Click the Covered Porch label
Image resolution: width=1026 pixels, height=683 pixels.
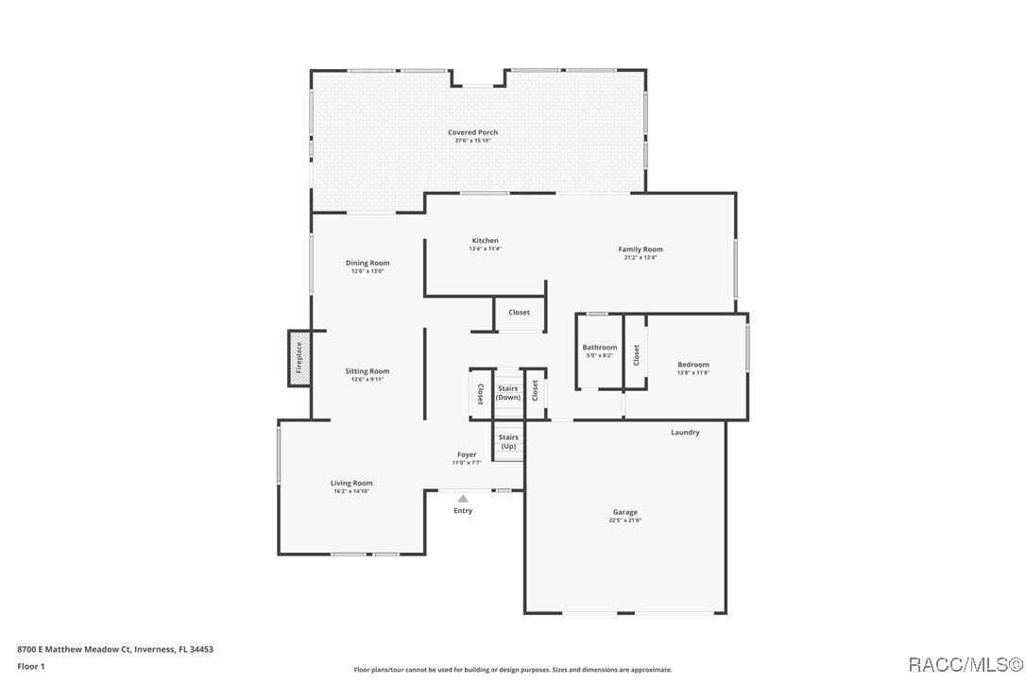pos(472,132)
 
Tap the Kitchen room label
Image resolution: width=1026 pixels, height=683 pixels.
pos(485,241)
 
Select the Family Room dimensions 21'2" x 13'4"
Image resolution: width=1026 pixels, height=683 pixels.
pos(641,258)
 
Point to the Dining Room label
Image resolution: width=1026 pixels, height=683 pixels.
pos(368,263)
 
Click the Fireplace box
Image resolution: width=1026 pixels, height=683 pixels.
pos(299,358)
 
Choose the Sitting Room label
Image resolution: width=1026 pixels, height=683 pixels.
pos(367,371)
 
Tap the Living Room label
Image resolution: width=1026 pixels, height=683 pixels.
pos(351,483)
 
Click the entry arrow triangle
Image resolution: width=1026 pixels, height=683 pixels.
pos(463,498)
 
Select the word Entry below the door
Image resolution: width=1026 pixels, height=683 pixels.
pos(463,511)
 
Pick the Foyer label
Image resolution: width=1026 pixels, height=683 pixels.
pos(467,454)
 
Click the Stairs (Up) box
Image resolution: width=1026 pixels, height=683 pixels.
pos(508,441)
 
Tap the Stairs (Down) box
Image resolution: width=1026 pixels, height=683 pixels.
pos(508,392)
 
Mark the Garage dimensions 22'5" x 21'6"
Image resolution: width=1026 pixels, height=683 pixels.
pos(624,521)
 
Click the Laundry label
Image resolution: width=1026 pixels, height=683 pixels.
pos(685,433)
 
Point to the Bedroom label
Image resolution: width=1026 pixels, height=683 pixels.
pos(693,365)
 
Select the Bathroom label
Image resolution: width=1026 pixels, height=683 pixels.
pos(599,348)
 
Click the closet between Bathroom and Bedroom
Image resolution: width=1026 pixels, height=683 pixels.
pos(636,354)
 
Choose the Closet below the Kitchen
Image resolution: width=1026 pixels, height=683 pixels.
pos(519,313)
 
